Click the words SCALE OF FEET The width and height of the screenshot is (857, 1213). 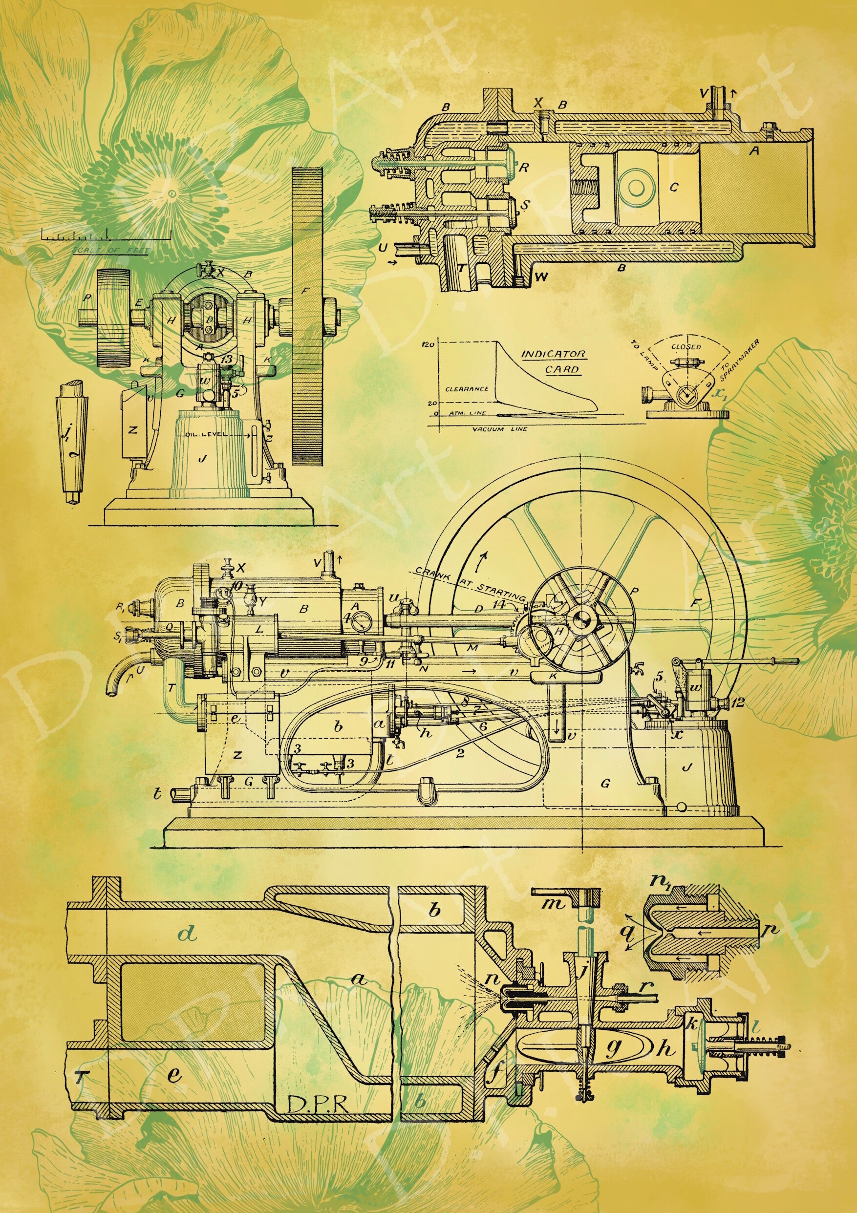(111, 251)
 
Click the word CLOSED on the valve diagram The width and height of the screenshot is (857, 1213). (686, 347)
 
